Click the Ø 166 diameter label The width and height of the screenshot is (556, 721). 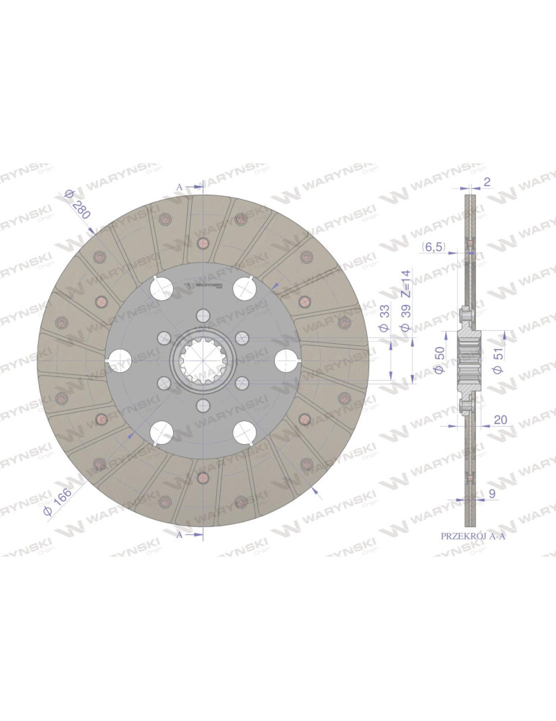tap(58, 500)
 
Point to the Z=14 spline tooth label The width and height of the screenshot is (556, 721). tap(405, 283)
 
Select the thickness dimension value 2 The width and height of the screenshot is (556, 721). tap(487, 182)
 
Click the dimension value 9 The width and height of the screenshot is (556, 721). tap(492, 495)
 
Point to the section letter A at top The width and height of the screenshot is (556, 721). tap(180, 187)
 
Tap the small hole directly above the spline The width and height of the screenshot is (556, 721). tap(203, 315)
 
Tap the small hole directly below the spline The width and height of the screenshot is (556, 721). tap(203, 405)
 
